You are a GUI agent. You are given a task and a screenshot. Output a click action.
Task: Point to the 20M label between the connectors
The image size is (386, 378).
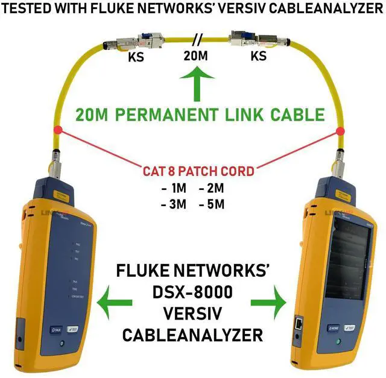click(x=195, y=57)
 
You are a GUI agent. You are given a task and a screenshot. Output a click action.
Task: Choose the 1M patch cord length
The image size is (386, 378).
click(x=174, y=187)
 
